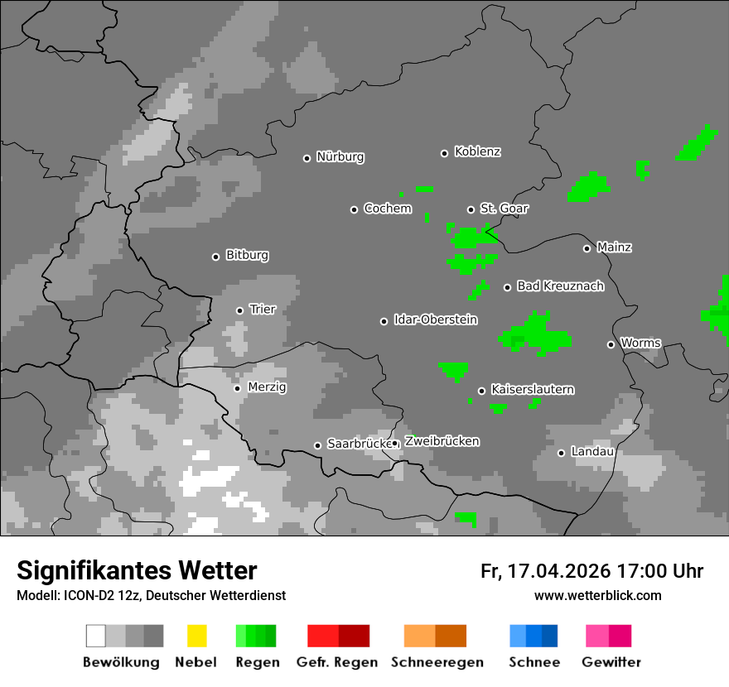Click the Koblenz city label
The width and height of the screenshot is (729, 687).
[477, 151]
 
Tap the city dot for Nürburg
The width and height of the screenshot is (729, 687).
[307, 157]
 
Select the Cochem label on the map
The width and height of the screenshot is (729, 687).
[387, 209]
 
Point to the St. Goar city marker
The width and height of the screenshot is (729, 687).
[471, 209]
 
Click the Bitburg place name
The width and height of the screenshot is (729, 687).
[247, 256]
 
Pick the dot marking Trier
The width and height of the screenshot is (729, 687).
[239, 310]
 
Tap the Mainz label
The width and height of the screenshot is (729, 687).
[614, 247]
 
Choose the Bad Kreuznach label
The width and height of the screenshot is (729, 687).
[560, 286]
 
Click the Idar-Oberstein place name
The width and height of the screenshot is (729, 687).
[435, 320]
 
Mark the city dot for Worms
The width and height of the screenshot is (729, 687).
[611, 344]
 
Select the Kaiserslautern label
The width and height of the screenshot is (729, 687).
[532, 390]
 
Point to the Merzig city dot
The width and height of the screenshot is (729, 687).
[237, 388]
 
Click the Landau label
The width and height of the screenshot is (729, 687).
[591, 452]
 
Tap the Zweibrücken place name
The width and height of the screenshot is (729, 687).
[442, 442]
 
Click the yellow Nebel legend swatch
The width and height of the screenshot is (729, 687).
[196, 636]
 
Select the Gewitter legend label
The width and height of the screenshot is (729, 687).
[611, 662]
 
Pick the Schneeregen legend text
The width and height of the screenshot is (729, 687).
[437, 662]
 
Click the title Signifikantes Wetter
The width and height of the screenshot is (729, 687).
[137, 570]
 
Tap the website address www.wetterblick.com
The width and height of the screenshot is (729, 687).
[597, 596]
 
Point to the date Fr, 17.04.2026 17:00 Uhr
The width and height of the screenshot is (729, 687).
[591, 571]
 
